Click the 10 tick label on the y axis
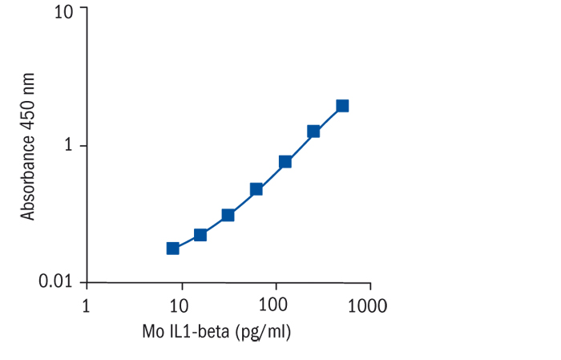[x=64, y=12]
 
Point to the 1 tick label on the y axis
[x=70, y=147]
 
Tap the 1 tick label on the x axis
[x=87, y=306]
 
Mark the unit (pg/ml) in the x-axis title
[x=262, y=332]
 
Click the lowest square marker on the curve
[x=172, y=248]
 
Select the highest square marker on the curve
[x=342, y=106]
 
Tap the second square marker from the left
[x=200, y=235]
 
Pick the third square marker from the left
[x=228, y=215]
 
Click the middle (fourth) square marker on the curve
[x=256, y=189]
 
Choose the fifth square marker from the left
[x=285, y=161]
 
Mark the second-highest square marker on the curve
[x=313, y=131]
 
